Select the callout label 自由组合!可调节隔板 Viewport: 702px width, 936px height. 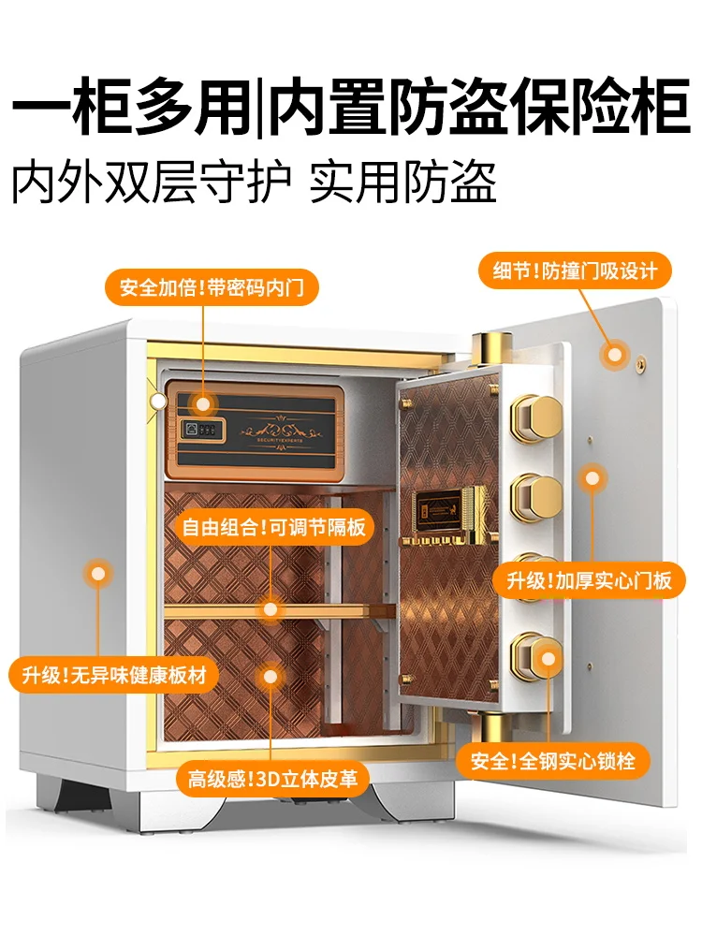point(272,527)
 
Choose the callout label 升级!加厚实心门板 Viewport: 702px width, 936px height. point(590,580)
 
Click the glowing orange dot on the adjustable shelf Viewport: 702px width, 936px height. point(271,610)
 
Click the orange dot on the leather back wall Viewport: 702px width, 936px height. point(271,675)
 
